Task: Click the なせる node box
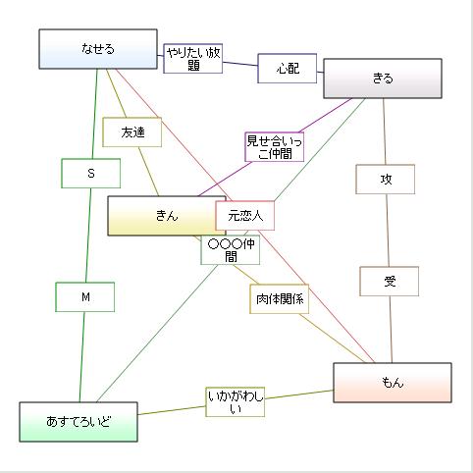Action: [98, 49]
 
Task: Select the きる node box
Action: [383, 79]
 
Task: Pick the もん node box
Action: [393, 383]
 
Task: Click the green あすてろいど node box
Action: [79, 421]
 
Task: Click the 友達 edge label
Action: [132, 131]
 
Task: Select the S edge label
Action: [90, 174]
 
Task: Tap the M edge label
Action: [85, 297]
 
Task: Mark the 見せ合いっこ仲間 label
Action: [274, 146]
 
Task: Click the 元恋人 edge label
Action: [245, 215]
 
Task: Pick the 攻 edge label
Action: [386, 179]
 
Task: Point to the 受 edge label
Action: [390, 282]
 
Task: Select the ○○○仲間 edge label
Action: [231, 249]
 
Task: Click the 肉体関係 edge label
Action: [280, 299]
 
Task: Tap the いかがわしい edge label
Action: [236, 401]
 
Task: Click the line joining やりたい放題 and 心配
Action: [240, 65]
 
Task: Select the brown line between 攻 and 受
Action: [388, 231]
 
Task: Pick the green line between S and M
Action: [88, 236]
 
